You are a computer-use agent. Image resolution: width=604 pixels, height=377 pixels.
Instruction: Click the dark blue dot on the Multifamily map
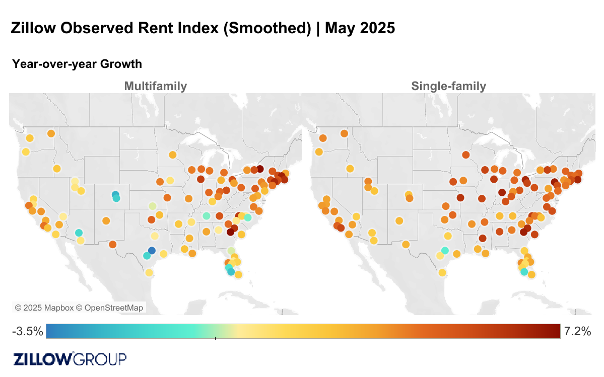(x=152, y=251)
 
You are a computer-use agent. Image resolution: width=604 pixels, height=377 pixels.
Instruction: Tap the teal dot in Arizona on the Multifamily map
(x=79, y=233)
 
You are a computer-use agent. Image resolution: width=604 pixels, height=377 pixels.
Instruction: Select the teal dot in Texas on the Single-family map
(x=445, y=250)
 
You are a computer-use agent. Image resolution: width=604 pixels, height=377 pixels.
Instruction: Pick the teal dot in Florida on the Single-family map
(x=524, y=272)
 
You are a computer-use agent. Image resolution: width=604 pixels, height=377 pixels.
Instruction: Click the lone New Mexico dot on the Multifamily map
(x=106, y=220)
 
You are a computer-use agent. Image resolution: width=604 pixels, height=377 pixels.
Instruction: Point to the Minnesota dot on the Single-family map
(x=465, y=155)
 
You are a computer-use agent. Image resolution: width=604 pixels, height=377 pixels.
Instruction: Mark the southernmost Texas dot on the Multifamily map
(x=149, y=273)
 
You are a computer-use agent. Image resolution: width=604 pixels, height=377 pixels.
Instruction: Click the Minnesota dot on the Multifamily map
(x=172, y=155)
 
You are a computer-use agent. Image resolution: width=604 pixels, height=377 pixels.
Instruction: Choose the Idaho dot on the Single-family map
(x=350, y=169)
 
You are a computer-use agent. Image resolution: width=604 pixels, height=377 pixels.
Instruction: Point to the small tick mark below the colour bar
(x=215, y=338)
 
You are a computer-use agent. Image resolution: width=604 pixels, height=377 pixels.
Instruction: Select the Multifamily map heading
(x=155, y=86)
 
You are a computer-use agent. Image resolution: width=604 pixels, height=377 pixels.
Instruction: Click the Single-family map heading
(x=448, y=86)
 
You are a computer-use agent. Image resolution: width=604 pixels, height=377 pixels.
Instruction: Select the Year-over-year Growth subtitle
(x=77, y=64)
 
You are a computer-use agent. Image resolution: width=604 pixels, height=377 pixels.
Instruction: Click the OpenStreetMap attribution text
(x=114, y=308)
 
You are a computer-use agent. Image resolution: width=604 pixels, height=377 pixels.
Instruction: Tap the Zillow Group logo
(x=70, y=359)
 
